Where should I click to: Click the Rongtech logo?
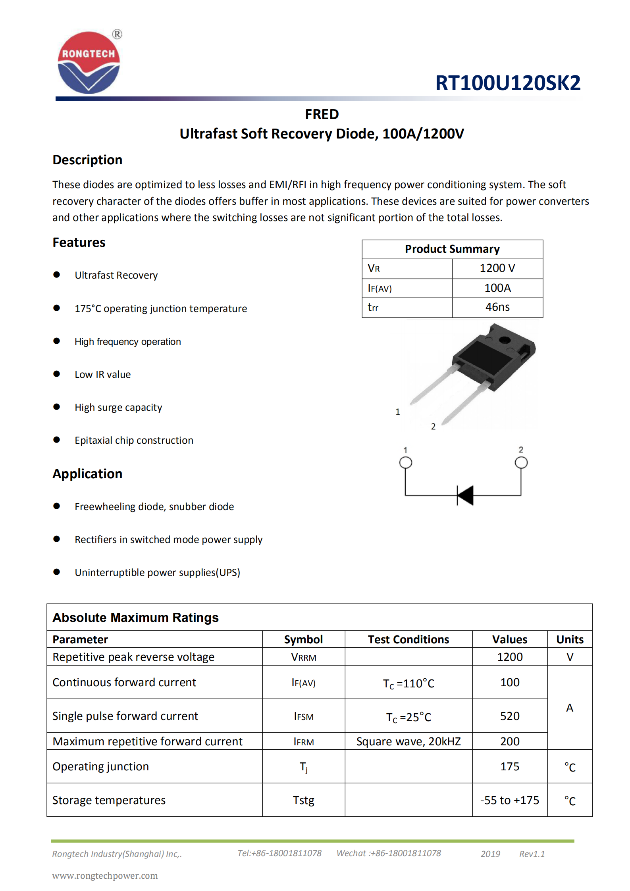coord(89,62)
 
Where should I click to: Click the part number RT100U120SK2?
coord(507,83)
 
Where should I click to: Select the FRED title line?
coord(322,114)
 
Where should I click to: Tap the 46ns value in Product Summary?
coord(497,307)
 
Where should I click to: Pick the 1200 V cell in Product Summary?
coord(497,268)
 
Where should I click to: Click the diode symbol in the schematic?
coord(466,495)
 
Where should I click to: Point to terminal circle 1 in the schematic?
coord(405,462)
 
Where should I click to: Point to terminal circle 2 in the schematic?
coord(521,462)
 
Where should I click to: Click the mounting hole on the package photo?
coord(505,340)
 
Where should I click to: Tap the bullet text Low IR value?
coord(102,374)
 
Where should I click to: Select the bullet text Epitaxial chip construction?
coord(134,440)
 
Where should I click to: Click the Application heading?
coord(87,473)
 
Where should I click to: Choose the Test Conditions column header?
coord(408,639)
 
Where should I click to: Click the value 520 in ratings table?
coord(510,716)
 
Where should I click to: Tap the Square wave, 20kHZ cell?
coord(408,741)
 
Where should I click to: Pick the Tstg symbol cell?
coord(303,800)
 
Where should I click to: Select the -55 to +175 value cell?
coord(510,800)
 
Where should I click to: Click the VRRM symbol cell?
coord(303,657)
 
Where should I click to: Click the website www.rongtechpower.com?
coord(105,876)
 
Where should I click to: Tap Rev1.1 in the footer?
coord(532,854)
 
